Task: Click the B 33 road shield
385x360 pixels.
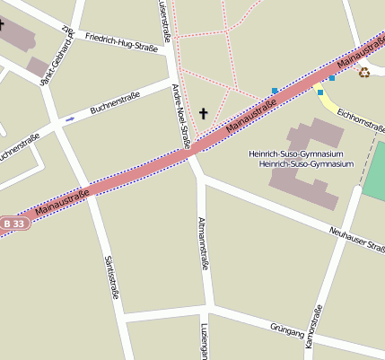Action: pyautogui.click(x=14, y=223)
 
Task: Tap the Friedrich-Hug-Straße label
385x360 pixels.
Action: pyautogui.click(x=121, y=41)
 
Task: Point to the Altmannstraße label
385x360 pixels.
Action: pyautogui.click(x=204, y=243)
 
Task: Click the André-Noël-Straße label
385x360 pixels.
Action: pyautogui.click(x=181, y=116)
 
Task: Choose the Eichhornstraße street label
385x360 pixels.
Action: pyautogui.click(x=362, y=124)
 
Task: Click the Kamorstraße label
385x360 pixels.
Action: pyautogui.click(x=312, y=328)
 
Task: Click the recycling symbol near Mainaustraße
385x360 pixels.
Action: pyautogui.click(x=364, y=72)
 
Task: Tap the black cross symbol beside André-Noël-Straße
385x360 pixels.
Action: pyautogui.click(x=204, y=114)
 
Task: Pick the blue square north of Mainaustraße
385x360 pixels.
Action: pyautogui.click(x=274, y=90)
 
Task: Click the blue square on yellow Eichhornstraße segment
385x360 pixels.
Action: pyautogui.click(x=320, y=92)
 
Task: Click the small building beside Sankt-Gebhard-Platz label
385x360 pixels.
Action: pyautogui.click(x=38, y=66)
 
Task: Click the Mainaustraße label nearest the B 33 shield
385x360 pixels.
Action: pyautogui.click(x=65, y=203)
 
